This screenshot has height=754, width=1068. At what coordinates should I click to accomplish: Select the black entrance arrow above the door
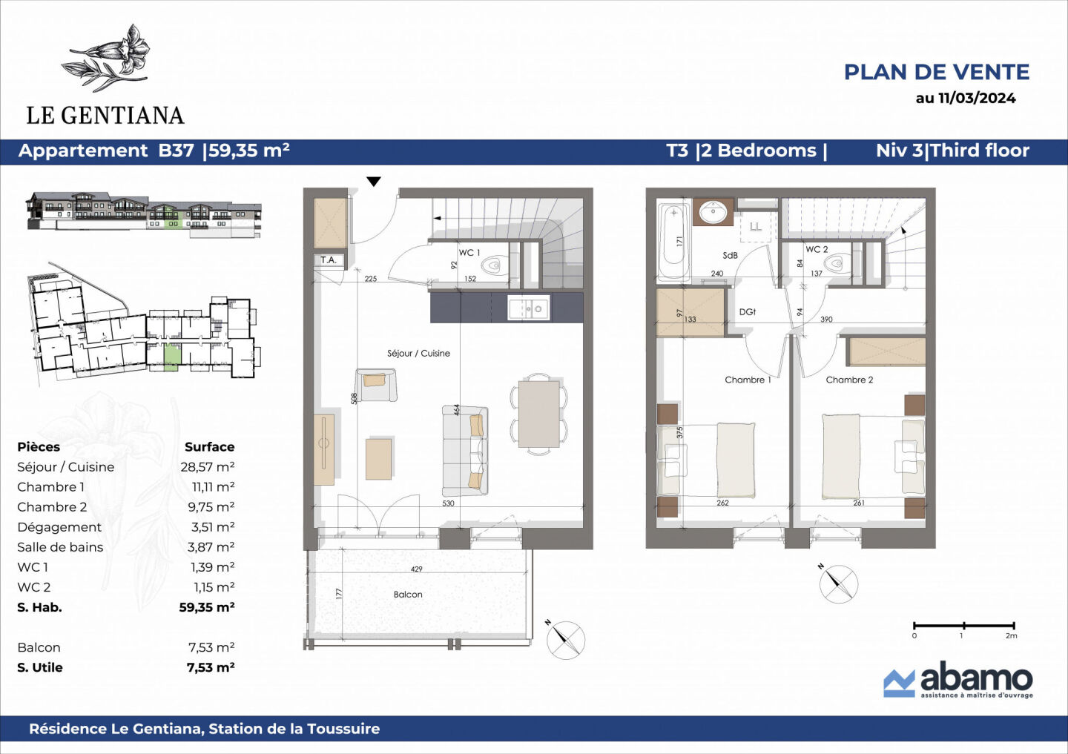click(374, 182)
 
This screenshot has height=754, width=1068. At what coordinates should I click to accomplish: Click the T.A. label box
click(329, 260)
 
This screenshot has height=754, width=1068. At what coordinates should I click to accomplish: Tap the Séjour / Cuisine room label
click(418, 354)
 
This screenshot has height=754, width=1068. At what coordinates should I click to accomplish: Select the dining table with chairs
click(539, 414)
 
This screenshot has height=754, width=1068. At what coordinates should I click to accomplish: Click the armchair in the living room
click(375, 384)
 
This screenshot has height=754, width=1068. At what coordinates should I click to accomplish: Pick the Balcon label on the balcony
click(408, 595)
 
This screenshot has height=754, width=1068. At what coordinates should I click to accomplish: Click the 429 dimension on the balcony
click(417, 569)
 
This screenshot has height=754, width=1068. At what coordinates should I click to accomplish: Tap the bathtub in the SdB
click(673, 241)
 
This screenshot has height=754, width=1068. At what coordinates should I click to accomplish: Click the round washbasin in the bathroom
click(713, 212)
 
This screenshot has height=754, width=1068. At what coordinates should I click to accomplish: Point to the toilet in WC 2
click(838, 263)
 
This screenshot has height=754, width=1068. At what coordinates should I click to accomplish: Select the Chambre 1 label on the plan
click(748, 380)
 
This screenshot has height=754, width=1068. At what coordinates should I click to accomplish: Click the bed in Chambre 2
click(842, 456)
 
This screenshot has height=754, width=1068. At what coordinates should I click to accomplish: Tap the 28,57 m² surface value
click(207, 467)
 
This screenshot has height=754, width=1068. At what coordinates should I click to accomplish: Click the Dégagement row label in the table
click(59, 527)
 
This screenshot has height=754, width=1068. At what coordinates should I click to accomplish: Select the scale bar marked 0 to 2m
click(963, 627)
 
